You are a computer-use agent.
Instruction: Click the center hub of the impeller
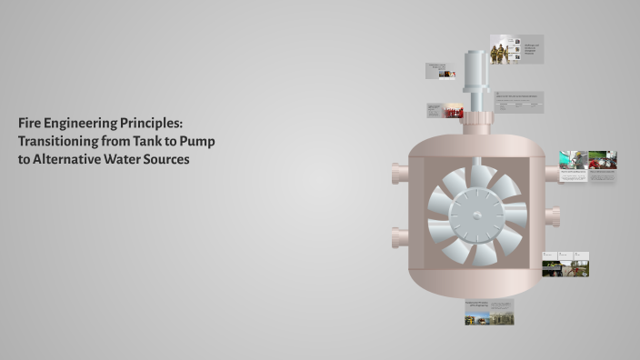pos(476,215)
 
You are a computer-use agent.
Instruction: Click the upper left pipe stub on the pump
pos(399,173)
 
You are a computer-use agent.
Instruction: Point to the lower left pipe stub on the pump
pos(399,238)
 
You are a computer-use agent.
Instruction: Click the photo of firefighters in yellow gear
pos(502,52)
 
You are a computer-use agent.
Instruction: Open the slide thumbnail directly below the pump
pos(489,312)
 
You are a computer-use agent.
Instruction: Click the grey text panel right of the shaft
pos(519,101)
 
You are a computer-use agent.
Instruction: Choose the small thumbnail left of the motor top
pos(441,72)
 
